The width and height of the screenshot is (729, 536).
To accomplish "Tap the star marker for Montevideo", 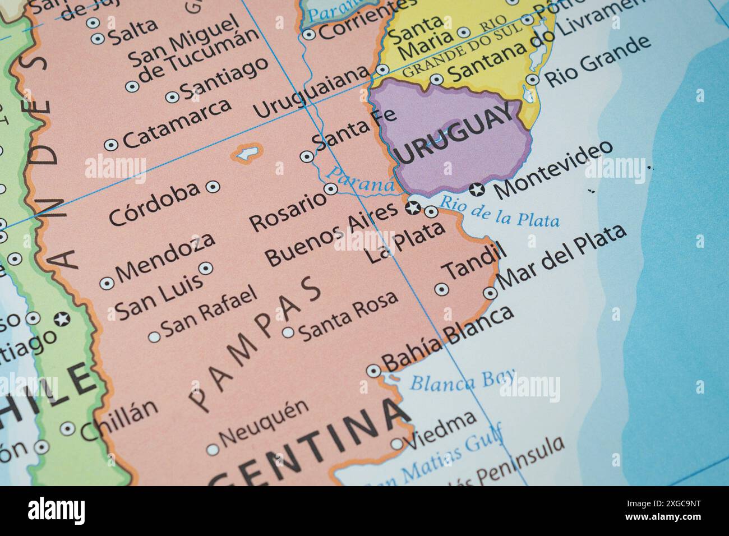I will tap(477, 190).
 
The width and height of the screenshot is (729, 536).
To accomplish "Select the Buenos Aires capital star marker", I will tap(413, 208).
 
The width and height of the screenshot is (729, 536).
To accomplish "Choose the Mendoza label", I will tap(166, 257).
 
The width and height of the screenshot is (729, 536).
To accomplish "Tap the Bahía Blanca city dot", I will tap(373, 371).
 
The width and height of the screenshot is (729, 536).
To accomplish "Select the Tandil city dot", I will tap(442, 289).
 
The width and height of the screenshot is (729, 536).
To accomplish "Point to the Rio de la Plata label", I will tap(499, 212).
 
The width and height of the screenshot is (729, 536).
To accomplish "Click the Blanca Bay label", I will tap(463, 381).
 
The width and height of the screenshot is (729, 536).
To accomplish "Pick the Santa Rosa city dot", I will tap(288, 332).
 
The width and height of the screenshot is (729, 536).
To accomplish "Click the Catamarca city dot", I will tap(111, 145).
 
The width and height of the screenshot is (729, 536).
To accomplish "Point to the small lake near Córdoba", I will tap(247, 153).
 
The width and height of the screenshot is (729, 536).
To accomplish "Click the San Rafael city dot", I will tap(154, 337).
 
